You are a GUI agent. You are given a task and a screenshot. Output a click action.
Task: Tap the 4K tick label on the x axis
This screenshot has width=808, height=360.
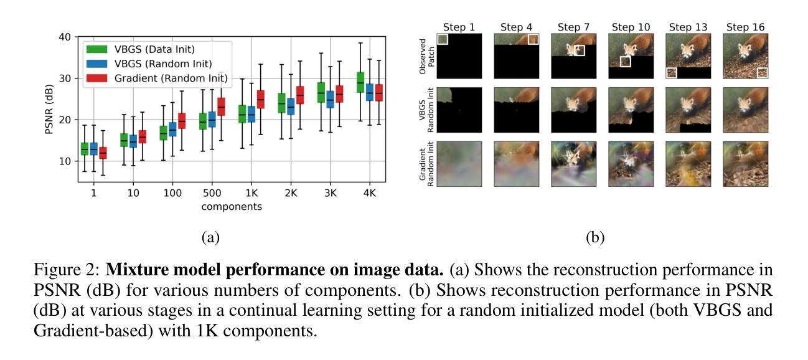tap(369, 194)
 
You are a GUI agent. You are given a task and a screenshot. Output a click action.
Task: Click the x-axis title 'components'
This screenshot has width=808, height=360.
tap(231, 206)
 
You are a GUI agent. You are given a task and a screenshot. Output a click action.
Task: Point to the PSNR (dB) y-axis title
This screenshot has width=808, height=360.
tap(49, 109)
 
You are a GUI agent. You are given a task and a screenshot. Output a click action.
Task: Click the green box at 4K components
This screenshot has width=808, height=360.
tap(360, 82)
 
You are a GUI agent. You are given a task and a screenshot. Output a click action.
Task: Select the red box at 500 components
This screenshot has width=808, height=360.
tap(221, 107)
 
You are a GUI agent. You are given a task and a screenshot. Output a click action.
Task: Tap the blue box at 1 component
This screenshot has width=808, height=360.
tap(93, 149)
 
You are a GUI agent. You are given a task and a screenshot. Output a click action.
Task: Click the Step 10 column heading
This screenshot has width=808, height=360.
tap(631, 27)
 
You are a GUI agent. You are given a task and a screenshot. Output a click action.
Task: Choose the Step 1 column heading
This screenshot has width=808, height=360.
tap(459, 27)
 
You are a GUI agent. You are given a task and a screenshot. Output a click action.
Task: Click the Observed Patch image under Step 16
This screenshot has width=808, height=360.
tap(745, 56)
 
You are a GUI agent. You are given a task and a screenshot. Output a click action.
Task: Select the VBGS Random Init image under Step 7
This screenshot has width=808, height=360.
tap(573, 110)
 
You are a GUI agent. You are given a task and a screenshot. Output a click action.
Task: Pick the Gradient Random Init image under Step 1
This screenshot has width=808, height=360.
tap(459, 164)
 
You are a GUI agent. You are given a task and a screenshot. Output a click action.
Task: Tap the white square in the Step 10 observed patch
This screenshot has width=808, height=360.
tap(625, 62)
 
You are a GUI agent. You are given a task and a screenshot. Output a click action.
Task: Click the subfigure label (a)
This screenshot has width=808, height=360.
tap(210, 237)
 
